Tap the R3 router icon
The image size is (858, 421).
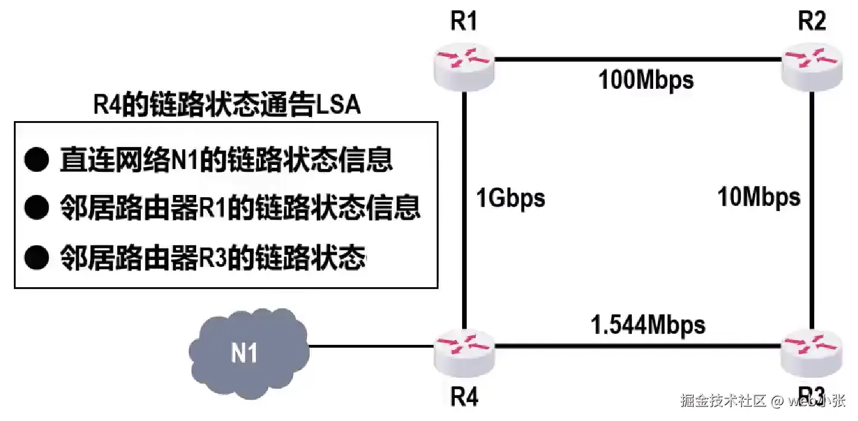[x=811, y=348]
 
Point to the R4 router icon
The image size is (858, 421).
[x=464, y=348]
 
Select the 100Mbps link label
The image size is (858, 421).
[x=646, y=80]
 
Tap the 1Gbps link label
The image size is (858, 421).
[x=510, y=198]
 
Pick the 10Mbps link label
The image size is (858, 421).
[x=759, y=198]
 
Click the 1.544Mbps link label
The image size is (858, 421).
[x=647, y=325]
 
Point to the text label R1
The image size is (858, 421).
[x=464, y=22]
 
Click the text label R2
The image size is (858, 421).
[x=811, y=22]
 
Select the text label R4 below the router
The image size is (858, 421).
[x=464, y=398]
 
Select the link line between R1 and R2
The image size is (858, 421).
[x=635, y=59]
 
